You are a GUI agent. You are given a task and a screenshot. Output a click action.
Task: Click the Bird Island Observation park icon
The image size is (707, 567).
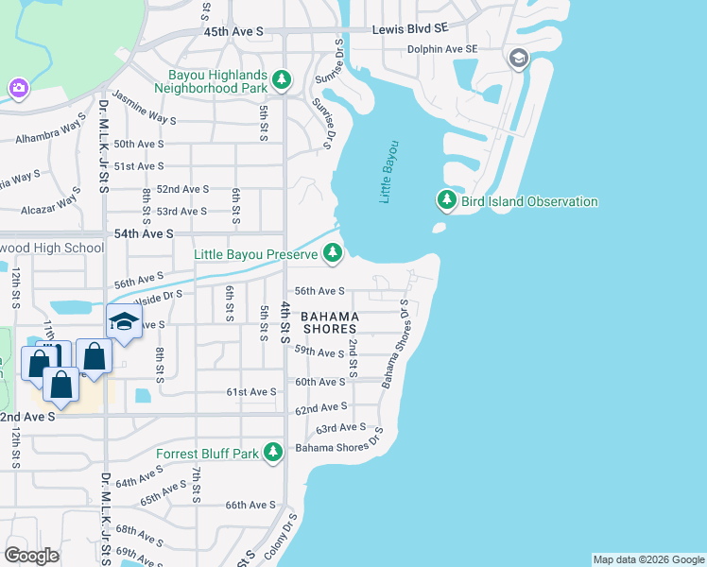point(447,200)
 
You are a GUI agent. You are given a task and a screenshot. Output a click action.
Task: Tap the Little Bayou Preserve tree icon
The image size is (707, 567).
point(332,252)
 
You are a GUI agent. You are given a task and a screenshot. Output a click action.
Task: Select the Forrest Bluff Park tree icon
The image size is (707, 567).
point(274,453)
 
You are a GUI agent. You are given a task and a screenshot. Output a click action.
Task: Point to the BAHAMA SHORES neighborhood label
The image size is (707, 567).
point(331,322)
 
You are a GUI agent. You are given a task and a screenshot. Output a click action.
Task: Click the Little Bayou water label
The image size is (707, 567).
point(389,172)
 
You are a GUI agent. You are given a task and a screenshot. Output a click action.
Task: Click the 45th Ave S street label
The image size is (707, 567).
point(233,31)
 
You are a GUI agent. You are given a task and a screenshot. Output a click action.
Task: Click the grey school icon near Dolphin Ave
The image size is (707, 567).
point(517,60)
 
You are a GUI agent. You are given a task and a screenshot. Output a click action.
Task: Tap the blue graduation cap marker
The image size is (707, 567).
point(124,321)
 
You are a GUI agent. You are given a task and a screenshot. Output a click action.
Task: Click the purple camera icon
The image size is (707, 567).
point(18,88)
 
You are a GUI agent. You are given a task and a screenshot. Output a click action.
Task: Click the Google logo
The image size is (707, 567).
point(31,555)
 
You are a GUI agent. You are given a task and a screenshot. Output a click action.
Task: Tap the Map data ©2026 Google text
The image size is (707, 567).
point(648,559)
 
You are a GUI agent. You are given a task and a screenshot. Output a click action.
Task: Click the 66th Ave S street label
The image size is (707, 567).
point(250,506)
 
